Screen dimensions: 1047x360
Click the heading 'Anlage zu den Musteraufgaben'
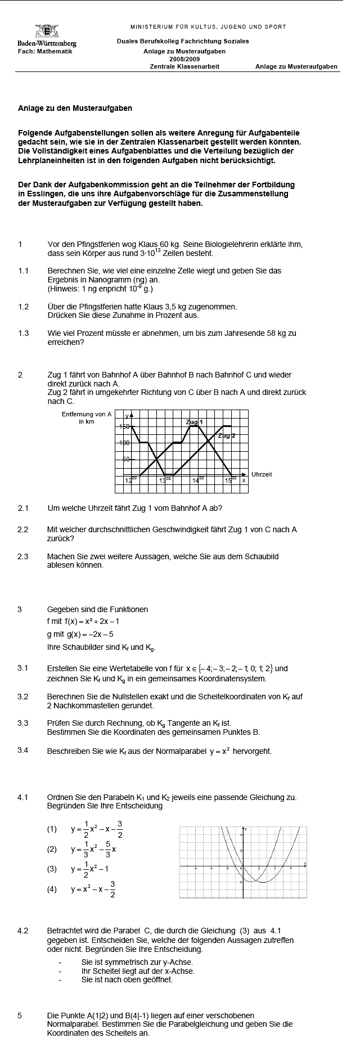75,108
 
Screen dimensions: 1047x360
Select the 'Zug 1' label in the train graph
194,422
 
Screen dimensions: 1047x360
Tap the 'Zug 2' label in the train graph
226,436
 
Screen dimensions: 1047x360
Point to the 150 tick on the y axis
124,426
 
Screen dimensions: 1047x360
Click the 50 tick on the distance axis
127,459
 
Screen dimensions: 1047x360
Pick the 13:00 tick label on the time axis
164,480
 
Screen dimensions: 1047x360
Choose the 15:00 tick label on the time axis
231,480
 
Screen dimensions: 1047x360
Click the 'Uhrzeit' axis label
262,475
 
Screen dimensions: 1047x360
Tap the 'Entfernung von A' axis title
87,414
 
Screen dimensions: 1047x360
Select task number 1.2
23,307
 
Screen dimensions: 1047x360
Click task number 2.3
23,556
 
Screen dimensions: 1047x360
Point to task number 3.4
23,750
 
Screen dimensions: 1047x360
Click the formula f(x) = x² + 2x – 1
83,622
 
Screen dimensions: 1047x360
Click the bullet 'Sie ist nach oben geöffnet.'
127,979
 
